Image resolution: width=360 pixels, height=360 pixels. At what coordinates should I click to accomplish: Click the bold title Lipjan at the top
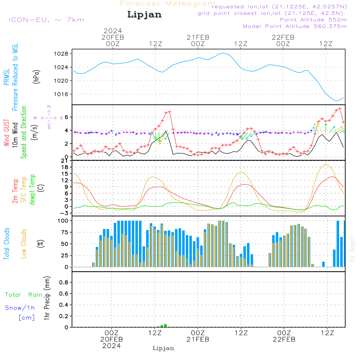144,14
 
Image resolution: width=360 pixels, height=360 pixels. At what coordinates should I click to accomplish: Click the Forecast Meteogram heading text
168,4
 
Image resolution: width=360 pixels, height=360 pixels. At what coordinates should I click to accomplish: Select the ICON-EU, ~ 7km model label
46,19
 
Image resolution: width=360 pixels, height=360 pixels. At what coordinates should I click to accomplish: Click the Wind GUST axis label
7,133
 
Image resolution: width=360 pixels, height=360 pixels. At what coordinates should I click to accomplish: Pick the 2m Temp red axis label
15,190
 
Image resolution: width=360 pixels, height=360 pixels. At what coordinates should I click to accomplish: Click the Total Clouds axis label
7,244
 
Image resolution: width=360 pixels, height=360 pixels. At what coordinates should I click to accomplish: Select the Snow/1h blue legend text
20,308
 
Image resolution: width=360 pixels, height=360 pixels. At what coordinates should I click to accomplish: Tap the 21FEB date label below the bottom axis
198,339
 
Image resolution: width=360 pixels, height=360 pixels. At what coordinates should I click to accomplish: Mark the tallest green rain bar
165,325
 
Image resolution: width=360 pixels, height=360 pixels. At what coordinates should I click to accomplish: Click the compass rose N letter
49,107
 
